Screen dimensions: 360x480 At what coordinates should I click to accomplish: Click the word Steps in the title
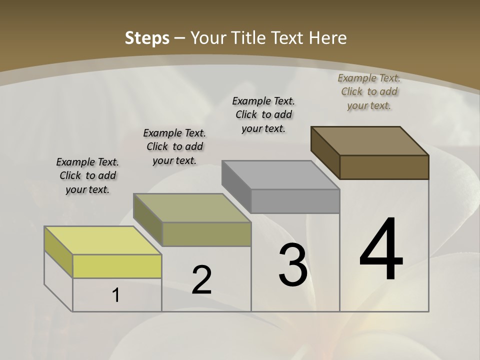[147, 38]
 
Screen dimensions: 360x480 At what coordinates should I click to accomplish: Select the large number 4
[381, 250]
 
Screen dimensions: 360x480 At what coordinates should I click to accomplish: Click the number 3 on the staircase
[292, 265]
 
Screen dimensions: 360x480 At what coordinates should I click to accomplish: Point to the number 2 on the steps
[202, 280]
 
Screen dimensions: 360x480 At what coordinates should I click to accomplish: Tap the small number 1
[116, 295]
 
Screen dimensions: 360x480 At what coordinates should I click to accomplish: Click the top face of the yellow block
[102, 240]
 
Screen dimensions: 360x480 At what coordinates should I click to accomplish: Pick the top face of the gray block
[280, 175]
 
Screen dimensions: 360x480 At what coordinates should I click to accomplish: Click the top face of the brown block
[369, 140]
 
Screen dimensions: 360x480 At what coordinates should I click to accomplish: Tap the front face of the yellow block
[117, 266]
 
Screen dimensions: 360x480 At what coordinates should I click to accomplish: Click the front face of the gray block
[295, 201]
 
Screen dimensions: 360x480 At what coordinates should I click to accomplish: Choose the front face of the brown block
[384, 167]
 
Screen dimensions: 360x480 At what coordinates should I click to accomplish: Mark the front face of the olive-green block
[206, 234]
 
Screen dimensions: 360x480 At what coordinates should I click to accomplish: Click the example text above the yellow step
[87, 175]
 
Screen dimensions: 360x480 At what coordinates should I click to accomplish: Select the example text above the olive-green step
[174, 146]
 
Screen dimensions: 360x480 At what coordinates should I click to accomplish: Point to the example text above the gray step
[263, 114]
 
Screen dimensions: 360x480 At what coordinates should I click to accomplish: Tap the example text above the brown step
[369, 91]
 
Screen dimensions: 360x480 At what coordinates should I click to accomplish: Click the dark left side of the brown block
[325, 152]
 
